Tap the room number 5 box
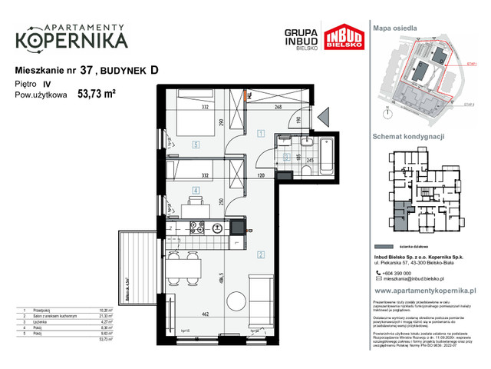pos(196,143)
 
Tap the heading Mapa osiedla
pos(394,28)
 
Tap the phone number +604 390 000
pos(399,273)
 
